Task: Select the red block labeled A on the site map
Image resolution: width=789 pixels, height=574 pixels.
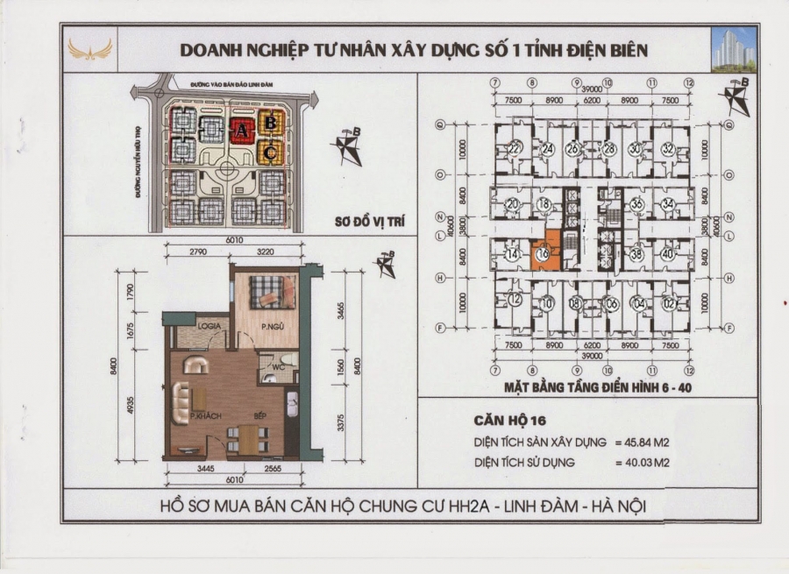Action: [x=239, y=131]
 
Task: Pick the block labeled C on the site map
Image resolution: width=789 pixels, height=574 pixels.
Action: [x=271, y=153]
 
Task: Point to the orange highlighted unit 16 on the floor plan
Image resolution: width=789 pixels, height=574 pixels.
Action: [x=544, y=255]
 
